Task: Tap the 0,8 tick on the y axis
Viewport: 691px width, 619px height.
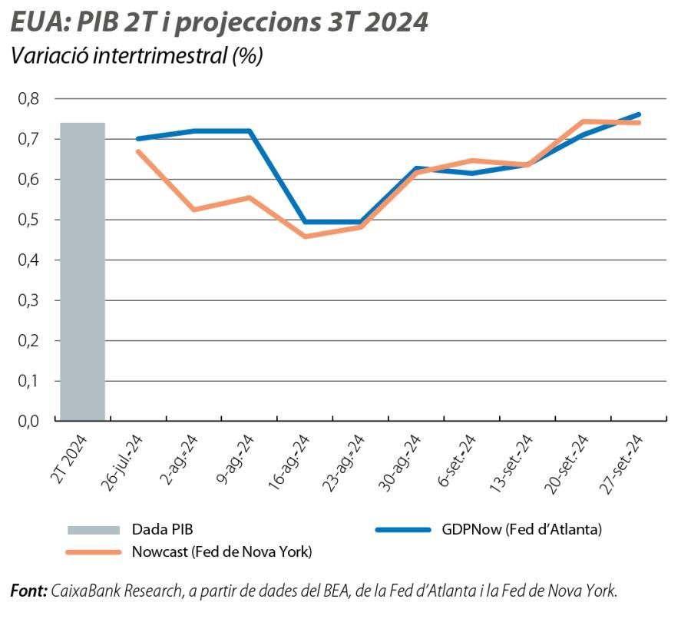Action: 28,99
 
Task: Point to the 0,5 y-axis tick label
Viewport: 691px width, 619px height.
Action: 28,220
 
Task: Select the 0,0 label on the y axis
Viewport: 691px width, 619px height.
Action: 28,421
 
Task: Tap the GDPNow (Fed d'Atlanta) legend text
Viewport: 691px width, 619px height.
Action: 521,529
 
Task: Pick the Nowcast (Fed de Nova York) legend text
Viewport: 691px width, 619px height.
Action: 222,551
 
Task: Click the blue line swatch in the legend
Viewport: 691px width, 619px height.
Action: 402,529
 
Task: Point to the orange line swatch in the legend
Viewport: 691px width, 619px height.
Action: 94,551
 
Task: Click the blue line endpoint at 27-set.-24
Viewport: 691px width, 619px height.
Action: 638,114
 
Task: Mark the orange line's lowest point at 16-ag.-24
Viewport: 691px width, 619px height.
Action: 305,236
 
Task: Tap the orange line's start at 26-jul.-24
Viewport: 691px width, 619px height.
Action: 137,151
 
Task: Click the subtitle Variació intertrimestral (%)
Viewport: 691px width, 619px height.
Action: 136,56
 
